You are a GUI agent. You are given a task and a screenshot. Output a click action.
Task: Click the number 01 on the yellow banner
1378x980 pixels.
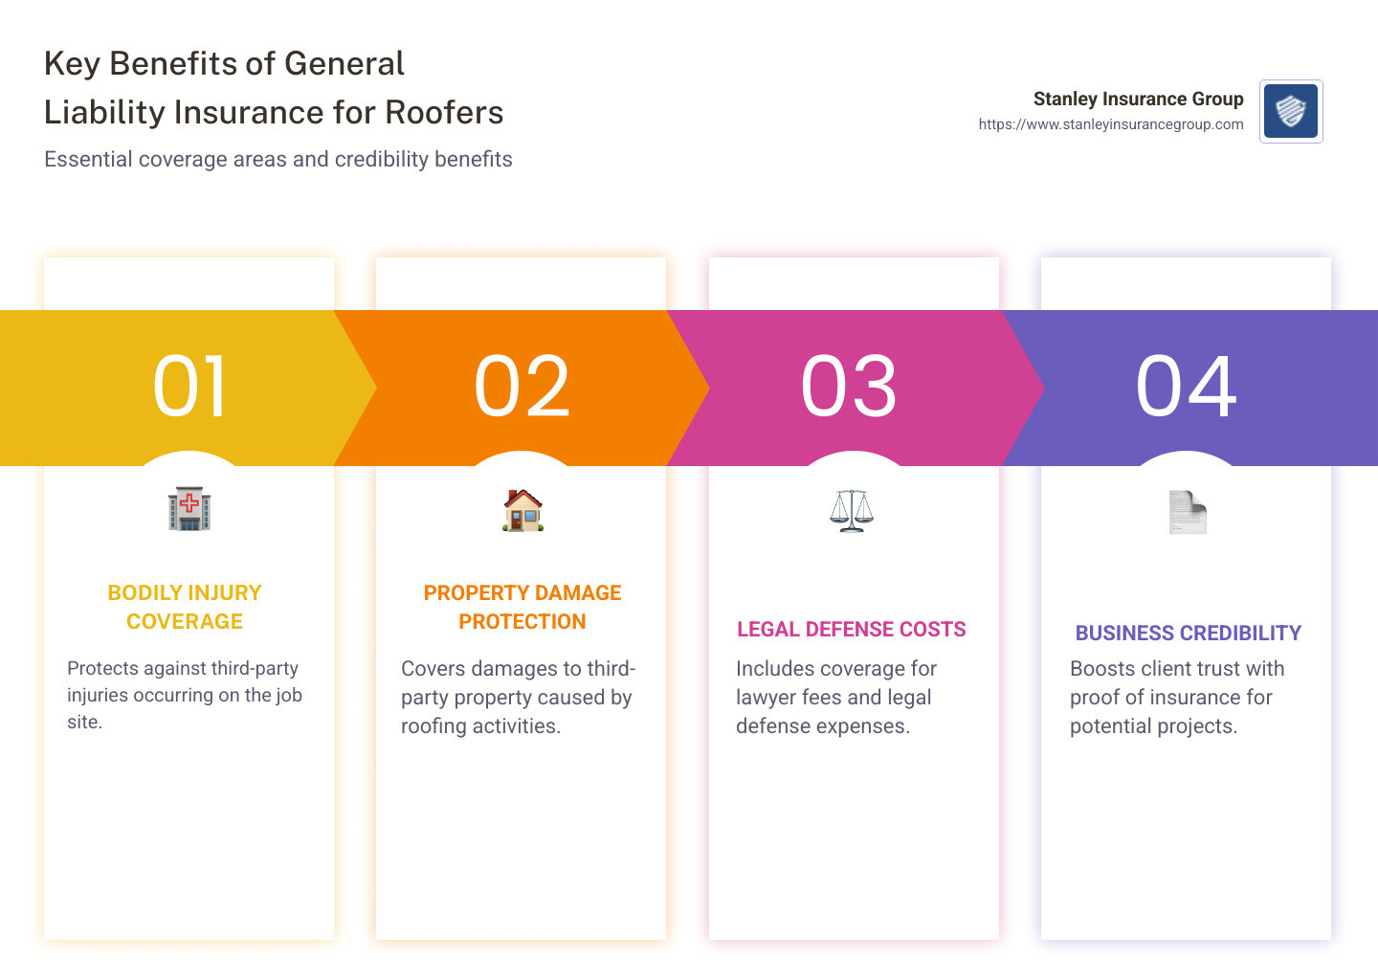click(190, 387)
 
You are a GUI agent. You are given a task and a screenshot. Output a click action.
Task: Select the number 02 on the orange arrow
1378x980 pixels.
click(522, 387)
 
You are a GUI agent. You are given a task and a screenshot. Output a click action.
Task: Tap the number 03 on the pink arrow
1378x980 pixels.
click(849, 387)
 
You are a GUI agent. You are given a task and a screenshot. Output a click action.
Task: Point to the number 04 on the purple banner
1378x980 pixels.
click(1186, 387)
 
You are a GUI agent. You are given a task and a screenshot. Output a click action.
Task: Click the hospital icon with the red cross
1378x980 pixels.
click(189, 508)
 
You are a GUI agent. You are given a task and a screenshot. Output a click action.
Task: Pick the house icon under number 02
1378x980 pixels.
click(522, 510)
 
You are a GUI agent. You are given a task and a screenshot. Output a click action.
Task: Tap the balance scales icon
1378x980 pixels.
click(852, 510)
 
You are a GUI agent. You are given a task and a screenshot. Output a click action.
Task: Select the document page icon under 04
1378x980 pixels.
click(1188, 512)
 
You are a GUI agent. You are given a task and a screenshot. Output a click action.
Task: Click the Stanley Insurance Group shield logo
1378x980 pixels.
click(1291, 111)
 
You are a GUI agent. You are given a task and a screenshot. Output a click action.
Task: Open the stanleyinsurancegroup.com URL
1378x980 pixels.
click(1111, 124)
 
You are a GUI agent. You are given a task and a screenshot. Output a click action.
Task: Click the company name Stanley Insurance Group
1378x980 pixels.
click(1138, 99)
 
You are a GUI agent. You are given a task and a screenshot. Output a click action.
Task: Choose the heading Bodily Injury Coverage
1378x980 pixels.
click(185, 607)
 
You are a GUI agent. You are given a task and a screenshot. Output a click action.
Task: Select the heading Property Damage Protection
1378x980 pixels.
click(522, 607)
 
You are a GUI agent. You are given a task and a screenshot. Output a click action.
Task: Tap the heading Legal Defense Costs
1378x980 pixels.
click(852, 629)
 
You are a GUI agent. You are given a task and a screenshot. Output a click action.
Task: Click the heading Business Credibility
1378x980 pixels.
click(1188, 633)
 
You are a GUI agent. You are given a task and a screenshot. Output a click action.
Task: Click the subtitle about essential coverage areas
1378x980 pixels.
click(278, 159)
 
